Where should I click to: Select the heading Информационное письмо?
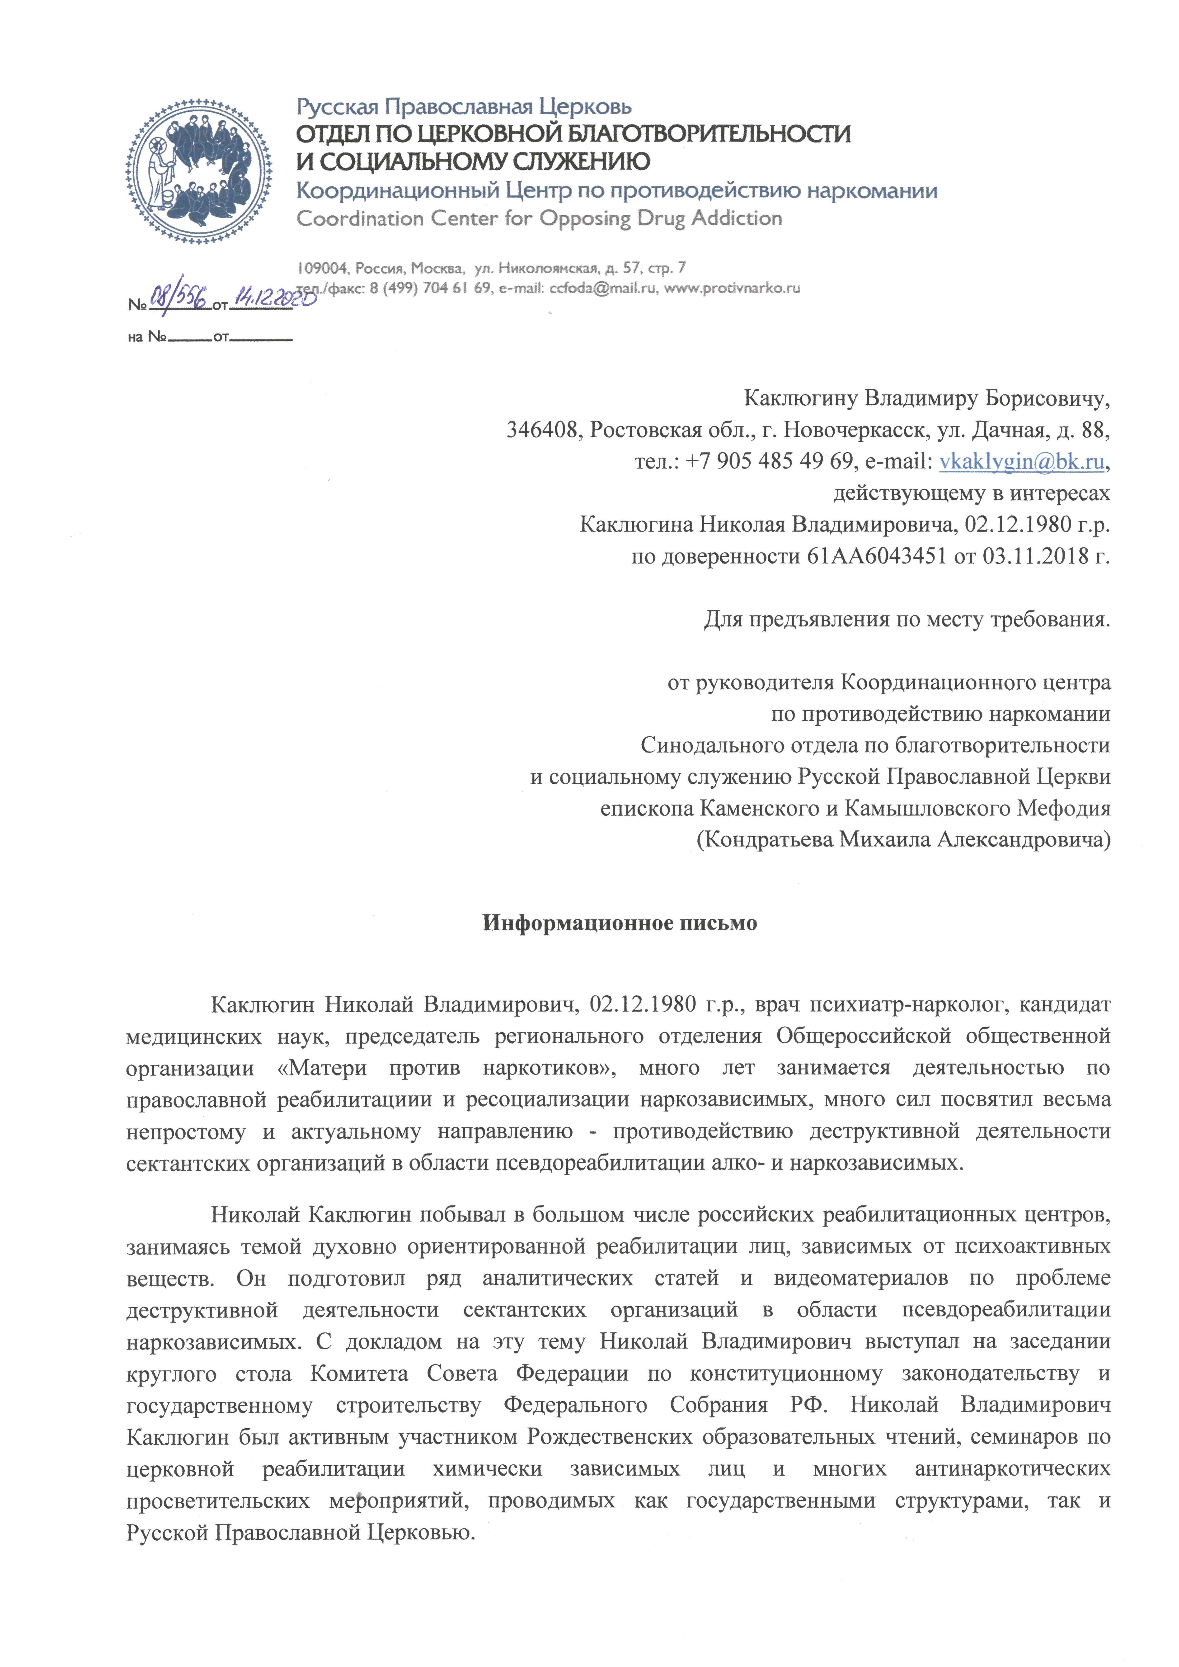(x=620, y=923)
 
